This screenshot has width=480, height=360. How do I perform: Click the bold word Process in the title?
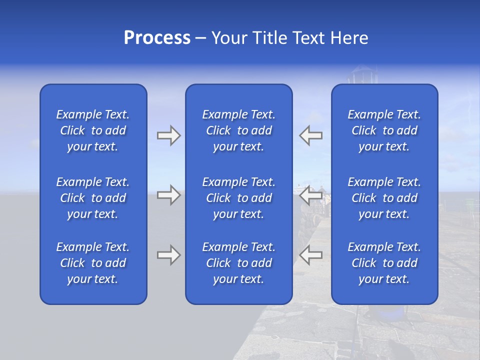click(x=157, y=38)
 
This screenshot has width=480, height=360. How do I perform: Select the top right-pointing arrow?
click(x=168, y=135)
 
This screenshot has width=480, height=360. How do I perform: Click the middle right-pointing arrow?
click(x=168, y=195)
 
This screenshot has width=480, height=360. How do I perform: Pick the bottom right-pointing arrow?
click(x=168, y=255)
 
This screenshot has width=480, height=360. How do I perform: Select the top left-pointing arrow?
click(x=310, y=135)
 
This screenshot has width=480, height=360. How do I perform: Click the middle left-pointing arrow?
click(x=310, y=195)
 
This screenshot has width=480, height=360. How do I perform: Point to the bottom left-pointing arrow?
click(x=310, y=255)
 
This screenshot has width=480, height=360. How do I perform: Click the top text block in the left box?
click(x=93, y=130)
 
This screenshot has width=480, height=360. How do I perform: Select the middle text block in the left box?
click(x=93, y=198)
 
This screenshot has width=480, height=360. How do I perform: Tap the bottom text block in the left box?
click(x=93, y=263)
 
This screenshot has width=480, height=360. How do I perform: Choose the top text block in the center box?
click(x=238, y=130)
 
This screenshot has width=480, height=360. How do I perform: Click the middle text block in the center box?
click(x=238, y=198)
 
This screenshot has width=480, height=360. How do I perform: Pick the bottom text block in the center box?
click(x=238, y=263)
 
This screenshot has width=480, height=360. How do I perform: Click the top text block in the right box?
click(x=384, y=130)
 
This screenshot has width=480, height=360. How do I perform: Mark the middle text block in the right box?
click(x=384, y=198)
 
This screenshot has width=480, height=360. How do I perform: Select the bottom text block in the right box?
click(x=384, y=263)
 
